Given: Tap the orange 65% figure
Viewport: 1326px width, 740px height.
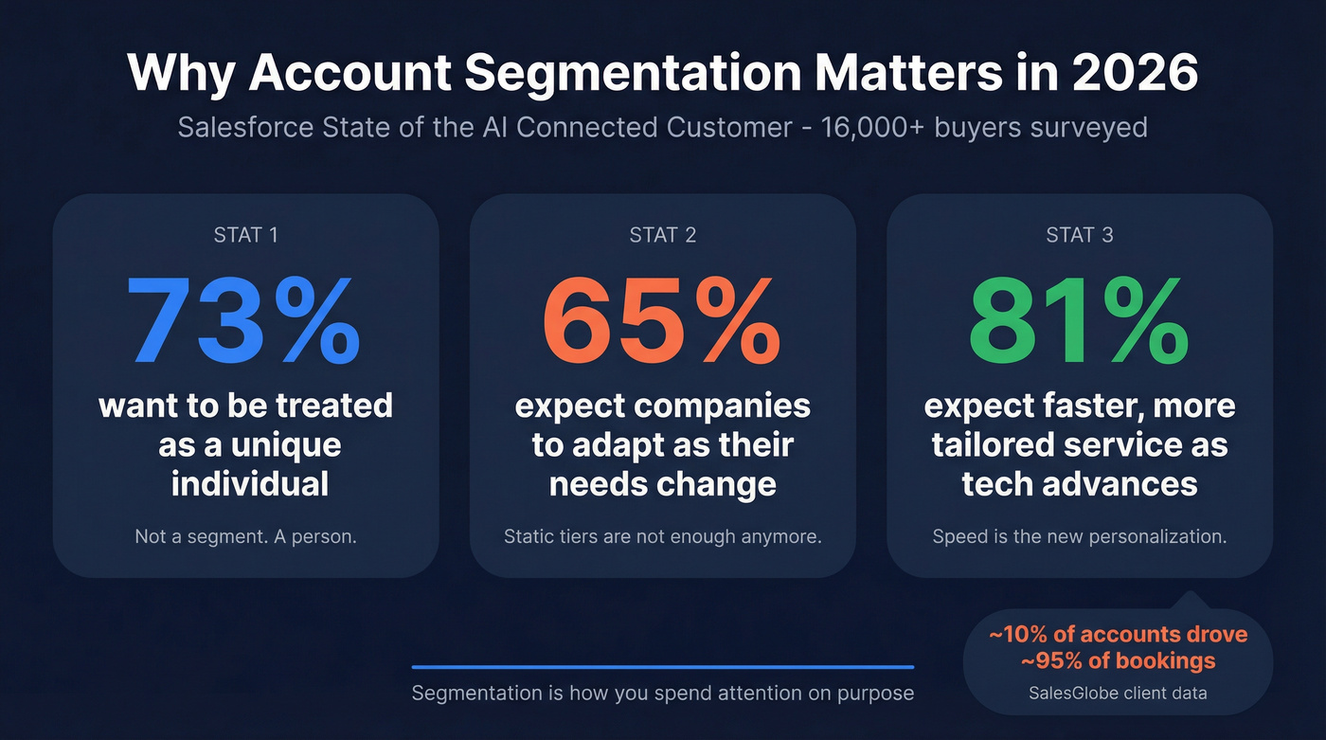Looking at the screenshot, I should pyautogui.click(x=662, y=322).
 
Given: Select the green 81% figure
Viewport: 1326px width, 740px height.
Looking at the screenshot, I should pyautogui.click(x=1079, y=322).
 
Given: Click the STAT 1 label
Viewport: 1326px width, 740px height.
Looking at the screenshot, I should pyautogui.click(x=245, y=235).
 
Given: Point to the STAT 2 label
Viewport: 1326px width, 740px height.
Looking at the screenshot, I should pyautogui.click(x=662, y=235).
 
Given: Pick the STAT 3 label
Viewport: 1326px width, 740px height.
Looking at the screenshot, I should pyautogui.click(x=1079, y=235).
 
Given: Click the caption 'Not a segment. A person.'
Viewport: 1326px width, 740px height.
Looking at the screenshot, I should pyautogui.click(x=245, y=536).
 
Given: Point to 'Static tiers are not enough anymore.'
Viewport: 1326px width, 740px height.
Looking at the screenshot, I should pyautogui.click(x=662, y=536).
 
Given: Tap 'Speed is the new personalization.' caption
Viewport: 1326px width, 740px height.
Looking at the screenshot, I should pyautogui.click(x=1079, y=536).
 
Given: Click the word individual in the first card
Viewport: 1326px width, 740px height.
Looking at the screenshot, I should pyautogui.click(x=250, y=484).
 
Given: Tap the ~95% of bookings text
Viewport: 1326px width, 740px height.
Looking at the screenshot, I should pyautogui.click(x=1118, y=660).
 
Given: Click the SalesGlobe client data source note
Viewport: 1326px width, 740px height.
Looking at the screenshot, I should pyautogui.click(x=1118, y=693).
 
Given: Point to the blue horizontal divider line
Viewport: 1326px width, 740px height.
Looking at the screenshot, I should pyautogui.click(x=662, y=667).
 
